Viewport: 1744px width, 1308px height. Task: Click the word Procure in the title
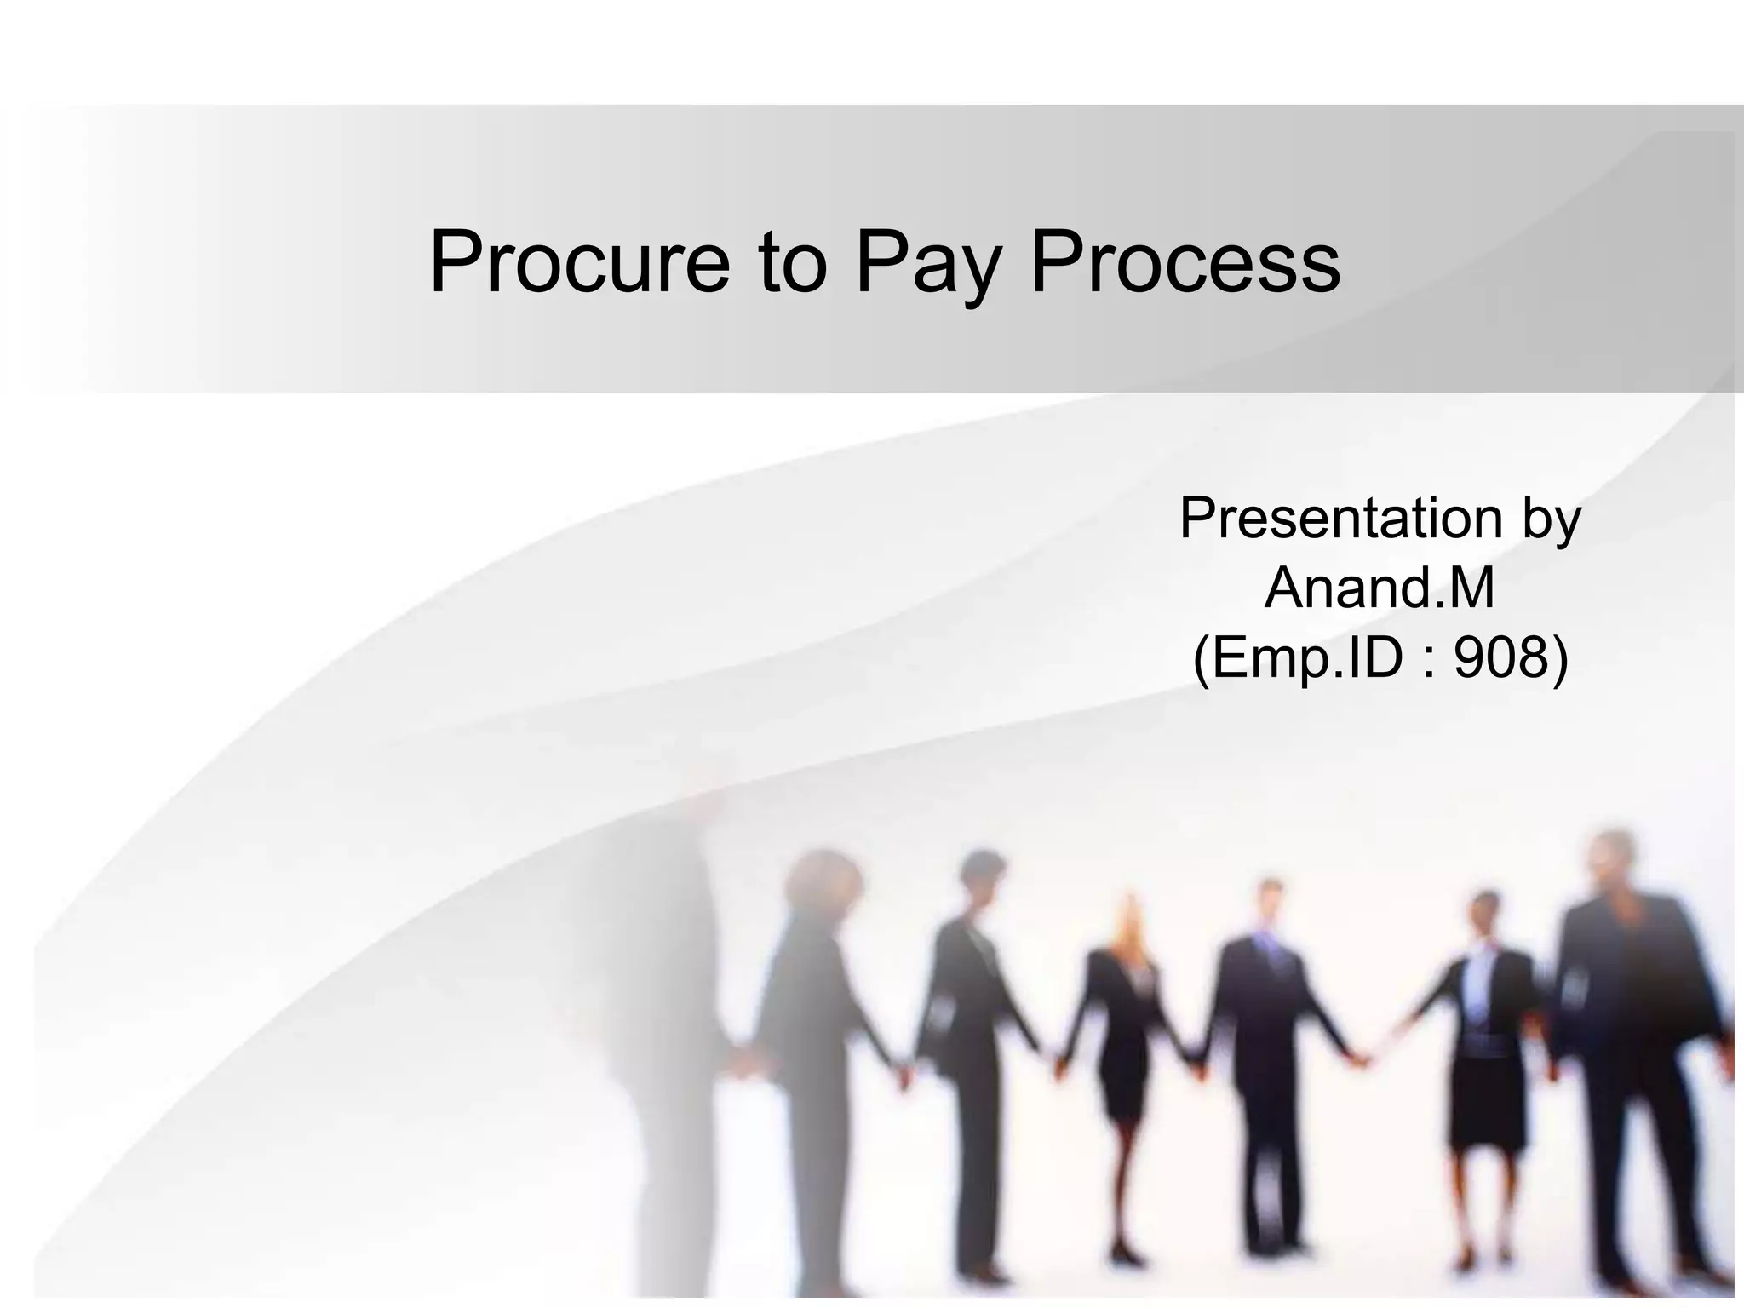(579, 262)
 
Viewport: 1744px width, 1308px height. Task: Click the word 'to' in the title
(794, 262)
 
